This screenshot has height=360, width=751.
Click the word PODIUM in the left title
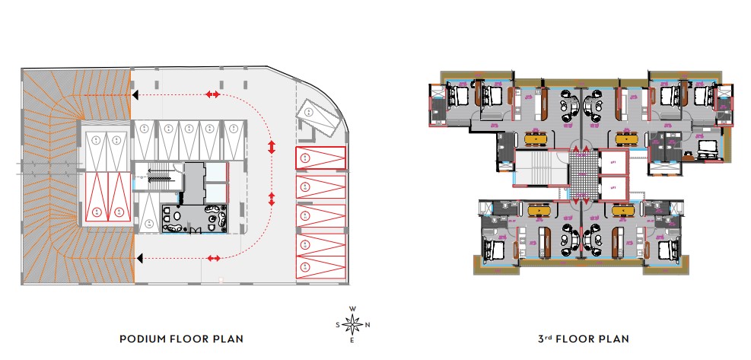(142, 338)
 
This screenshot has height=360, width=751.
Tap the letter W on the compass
(352, 309)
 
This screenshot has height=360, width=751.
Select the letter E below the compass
(352, 340)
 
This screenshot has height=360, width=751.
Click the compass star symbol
(352, 325)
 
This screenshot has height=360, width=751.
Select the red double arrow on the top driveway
(214, 94)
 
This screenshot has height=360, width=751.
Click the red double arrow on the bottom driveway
(214, 258)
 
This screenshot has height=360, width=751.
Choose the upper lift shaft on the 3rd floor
(613, 162)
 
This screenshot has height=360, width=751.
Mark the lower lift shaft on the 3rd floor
(613, 187)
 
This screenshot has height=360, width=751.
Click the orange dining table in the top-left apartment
(536, 139)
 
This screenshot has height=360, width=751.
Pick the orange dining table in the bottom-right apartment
(628, 211)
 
